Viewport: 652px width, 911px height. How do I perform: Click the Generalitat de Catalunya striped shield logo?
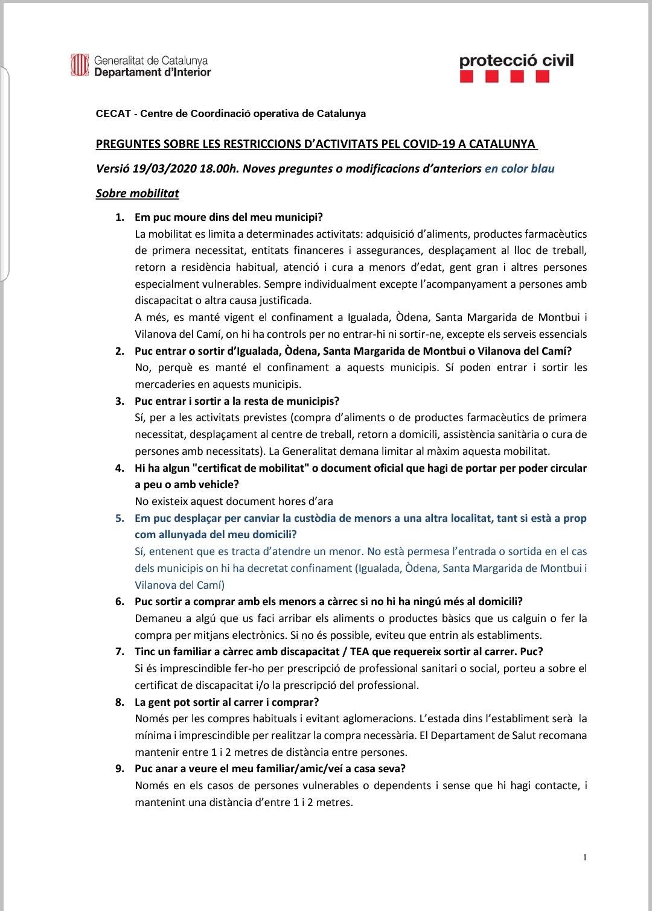(79, 65)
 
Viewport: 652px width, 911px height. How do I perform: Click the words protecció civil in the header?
(516, 60)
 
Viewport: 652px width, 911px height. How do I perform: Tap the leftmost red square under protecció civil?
(467, 77)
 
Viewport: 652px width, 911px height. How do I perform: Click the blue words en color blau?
(519, 168)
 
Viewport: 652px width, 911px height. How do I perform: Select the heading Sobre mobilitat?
(137, 194)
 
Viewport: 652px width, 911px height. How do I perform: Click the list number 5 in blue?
(119, 518)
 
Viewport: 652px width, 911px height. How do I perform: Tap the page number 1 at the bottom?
(585, 857)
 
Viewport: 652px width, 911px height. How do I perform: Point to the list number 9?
(119, 769)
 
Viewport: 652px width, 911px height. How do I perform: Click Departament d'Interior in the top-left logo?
(152, 72)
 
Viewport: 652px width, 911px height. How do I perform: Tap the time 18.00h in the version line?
(219, 168)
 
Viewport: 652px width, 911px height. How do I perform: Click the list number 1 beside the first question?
(119, 217)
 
